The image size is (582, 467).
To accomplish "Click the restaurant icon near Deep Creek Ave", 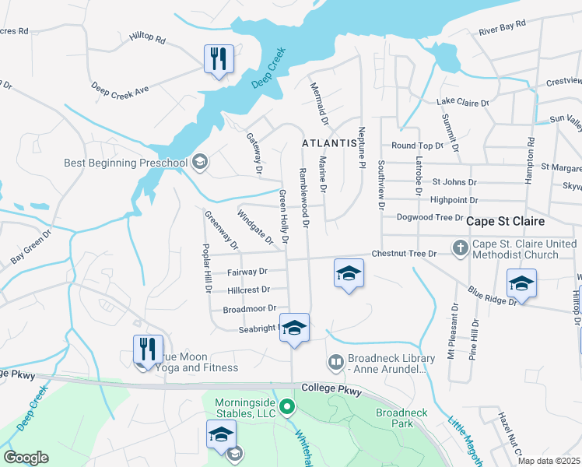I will [x=219, y=58].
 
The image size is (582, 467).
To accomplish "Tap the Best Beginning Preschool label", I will [x=126, y=163].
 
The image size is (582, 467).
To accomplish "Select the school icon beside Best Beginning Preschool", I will [x=199, y=162].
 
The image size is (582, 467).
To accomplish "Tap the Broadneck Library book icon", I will [x=335, y=362].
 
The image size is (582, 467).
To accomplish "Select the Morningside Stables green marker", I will [x=287, y=406].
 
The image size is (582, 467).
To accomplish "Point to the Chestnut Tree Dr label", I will [x=409, y=253].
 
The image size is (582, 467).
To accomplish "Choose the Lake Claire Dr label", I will [x=462, y=102].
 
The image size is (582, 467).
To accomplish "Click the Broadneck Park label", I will [x=393, y=418].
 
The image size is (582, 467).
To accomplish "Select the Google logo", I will [x=26, y=458].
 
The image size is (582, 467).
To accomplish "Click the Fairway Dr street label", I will [x=247, y=272].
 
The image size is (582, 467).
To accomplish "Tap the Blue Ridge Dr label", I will [x=492, y=295].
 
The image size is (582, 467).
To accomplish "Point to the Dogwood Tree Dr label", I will [x=429, y=219].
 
